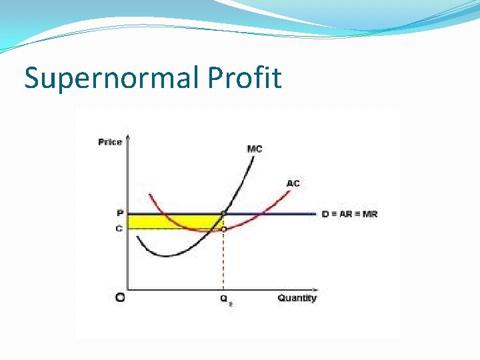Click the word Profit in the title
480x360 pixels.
[x=245, y=79]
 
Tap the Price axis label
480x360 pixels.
[x=110, y=142]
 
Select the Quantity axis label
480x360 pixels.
[x=297, y=298]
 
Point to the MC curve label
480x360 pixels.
[x=255, y=149]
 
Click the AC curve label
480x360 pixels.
[x=293, y=183]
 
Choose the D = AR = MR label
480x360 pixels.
[x=349, y=214]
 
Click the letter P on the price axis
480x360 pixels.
[x=119, y=214]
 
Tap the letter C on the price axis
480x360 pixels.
[x=119, y=229]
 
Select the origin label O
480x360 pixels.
[x=120, y=298]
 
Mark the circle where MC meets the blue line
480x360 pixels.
[x=223, y=214]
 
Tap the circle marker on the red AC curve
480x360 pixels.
[x=223, y=229]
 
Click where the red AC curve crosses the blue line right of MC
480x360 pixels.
[x=265, y=214]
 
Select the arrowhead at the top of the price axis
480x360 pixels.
[x=127, y=138]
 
